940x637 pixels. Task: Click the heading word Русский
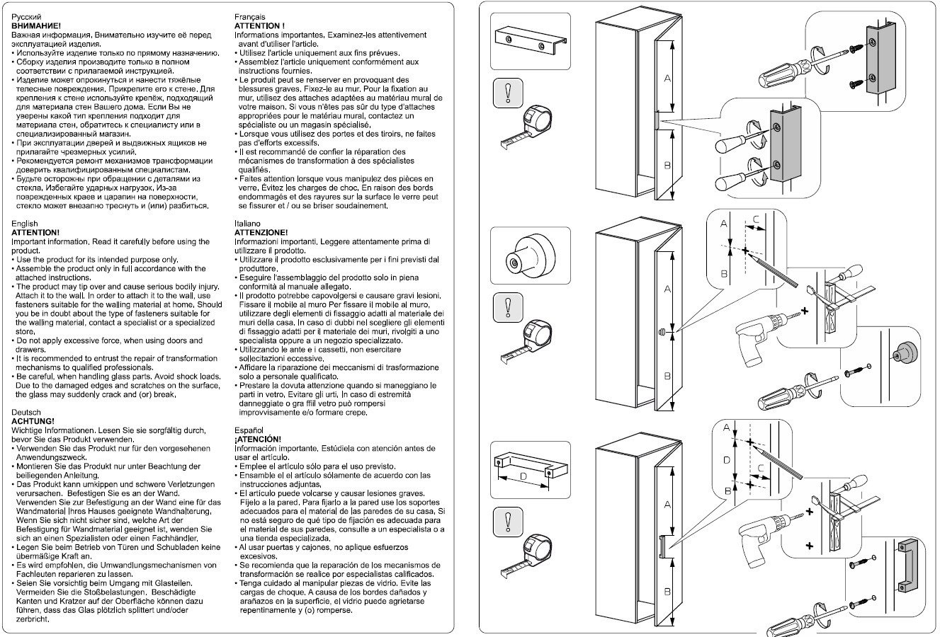pos(26,16)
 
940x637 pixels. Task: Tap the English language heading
pos(25,224)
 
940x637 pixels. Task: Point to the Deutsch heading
pos(27,412)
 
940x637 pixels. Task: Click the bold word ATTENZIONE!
pos(261,232)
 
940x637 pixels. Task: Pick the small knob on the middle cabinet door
pos(660,331)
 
